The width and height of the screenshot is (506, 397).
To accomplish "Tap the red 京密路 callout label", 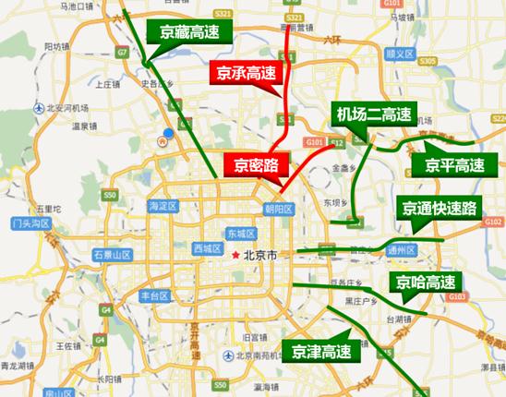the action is point(255,165).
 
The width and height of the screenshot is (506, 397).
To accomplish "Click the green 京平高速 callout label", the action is point(454,166).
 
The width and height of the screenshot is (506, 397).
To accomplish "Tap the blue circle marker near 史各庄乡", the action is point(168,135).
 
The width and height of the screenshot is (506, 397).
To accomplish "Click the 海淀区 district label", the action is point(161,207).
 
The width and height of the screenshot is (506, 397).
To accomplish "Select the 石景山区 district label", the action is point(113,255).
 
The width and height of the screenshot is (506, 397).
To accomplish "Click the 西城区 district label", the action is point(208,248).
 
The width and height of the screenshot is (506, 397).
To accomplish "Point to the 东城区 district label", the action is point(246,234).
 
